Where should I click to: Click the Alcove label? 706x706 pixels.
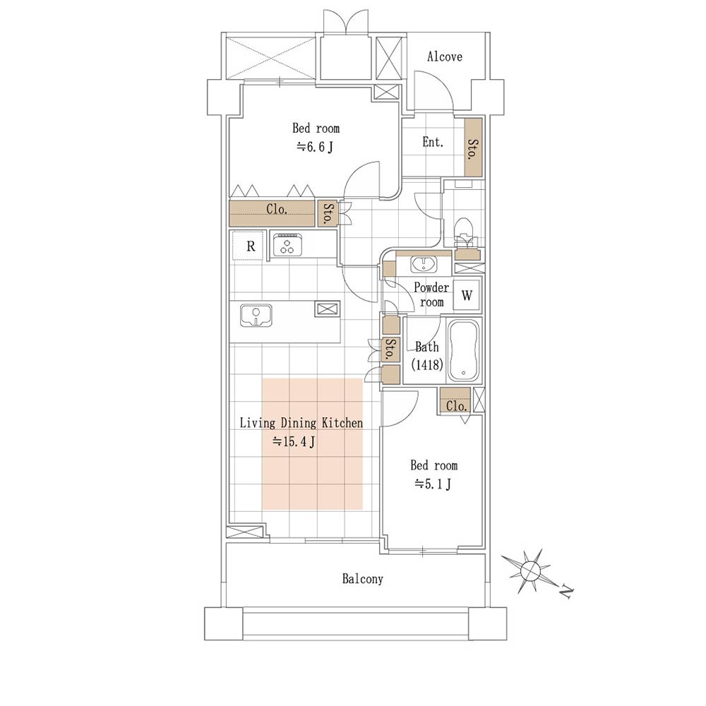point(444,56)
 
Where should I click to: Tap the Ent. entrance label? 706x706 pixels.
point(433,143)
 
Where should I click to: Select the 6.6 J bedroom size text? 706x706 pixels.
point(315,147)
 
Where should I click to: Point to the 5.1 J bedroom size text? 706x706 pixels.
point(433,484)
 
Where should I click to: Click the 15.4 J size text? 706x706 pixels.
point(294,441)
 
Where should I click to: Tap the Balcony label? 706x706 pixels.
point(362,579)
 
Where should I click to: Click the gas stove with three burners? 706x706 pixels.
point(287,245)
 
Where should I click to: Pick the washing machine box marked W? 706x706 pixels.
point(467,295)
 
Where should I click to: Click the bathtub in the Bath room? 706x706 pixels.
point(464,350)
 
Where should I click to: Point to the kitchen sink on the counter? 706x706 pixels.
point(256,315)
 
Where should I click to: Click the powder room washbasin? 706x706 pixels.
point(423,265)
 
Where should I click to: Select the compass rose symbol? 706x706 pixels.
point(530,571)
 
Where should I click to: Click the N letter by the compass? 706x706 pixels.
point(566,592)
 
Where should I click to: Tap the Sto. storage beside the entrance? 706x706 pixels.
point(473,148)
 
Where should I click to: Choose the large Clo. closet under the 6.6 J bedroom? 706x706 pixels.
point(272,213)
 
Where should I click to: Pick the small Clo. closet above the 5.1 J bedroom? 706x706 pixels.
point(455,401)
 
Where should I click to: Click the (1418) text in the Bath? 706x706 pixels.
point(427,364)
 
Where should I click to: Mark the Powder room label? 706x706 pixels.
point(431,294)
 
